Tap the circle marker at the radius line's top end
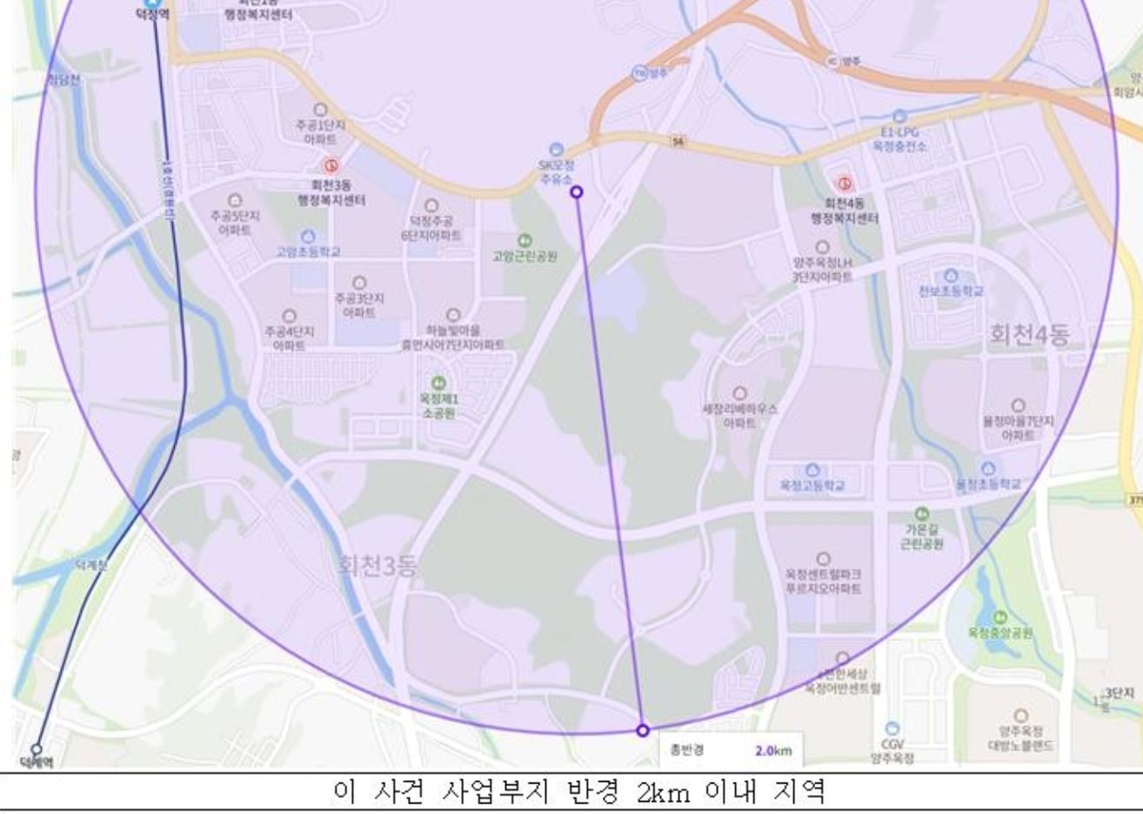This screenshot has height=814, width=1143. pos(576,191)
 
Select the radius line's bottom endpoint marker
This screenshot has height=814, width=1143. pos(643,731)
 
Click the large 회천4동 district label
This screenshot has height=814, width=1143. pos(1029,334)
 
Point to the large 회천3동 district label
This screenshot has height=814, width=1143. pos(377,566)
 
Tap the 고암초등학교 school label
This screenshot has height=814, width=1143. pos(308,251)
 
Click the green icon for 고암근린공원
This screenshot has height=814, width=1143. pos(525,240)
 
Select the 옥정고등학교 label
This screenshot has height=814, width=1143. pos(812,485)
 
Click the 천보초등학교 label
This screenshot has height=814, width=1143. pos(951,291)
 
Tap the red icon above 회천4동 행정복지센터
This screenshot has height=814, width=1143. pos(844,183)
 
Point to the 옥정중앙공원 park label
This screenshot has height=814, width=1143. pos(1000,632)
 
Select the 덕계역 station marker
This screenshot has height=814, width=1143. pos(37,749)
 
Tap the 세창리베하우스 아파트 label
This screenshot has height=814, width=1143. pos(739,415)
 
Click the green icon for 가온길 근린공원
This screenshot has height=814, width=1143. pos(923,514)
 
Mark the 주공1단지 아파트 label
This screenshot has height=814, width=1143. pos(320,132)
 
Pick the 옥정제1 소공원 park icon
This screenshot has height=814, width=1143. pos(438,383)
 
